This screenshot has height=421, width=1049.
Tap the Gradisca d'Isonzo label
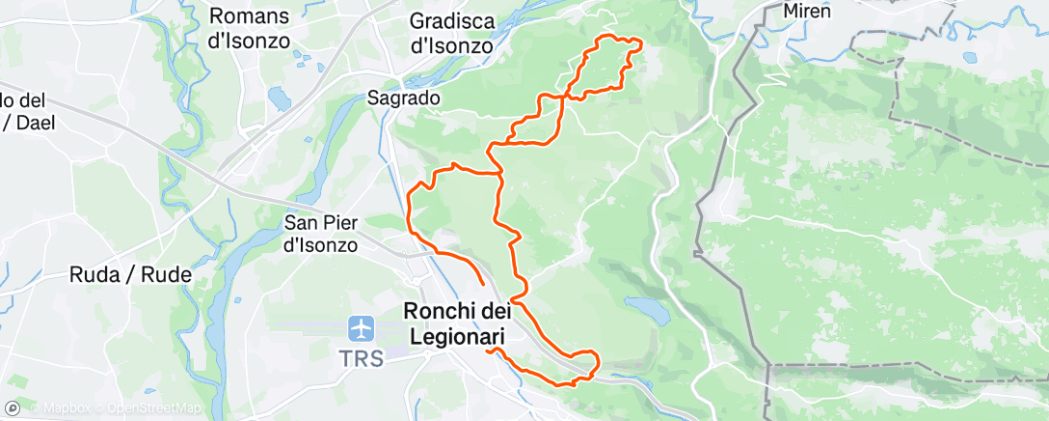451,34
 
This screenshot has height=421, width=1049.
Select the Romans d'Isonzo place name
250,29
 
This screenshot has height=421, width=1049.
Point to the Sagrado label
404,98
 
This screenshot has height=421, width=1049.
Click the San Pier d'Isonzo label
321,234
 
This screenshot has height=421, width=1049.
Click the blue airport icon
362,328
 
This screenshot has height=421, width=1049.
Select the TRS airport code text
362,358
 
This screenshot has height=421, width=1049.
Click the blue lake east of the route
643,308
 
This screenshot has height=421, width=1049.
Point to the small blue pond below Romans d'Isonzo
280,98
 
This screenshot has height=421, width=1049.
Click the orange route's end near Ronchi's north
483,286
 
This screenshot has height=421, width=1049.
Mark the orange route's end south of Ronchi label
490,351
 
